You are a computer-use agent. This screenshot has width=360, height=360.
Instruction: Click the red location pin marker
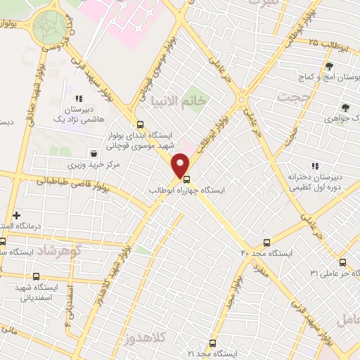(x=181, y=165)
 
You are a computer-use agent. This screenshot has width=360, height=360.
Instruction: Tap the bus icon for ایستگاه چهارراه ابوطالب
(x=186, y=179)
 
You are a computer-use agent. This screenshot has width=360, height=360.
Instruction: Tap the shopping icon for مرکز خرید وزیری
(x=94, y=153)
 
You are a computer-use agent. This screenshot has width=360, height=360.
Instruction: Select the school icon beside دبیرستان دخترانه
(x=316, y=167)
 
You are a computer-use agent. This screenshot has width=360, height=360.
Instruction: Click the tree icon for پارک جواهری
(x=345, y=108)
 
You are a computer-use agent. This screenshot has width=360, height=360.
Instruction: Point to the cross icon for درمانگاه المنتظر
(x=16, y=214)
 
